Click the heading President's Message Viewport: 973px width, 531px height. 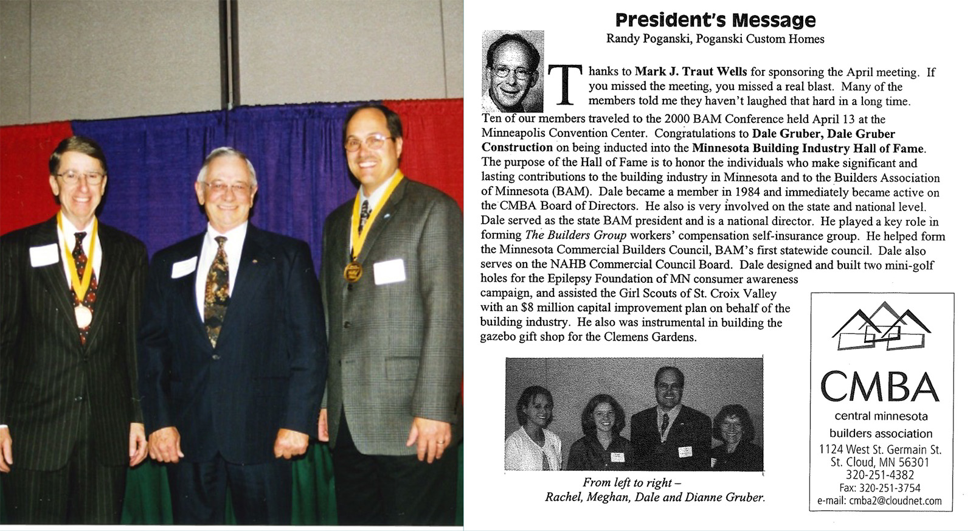click(715, 20)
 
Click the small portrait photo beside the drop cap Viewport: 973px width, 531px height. click(512, 72)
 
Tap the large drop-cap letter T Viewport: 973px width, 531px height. click(564, 85)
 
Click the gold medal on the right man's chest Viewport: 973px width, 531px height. click(353, 271)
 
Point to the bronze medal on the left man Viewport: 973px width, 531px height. click(83, 316)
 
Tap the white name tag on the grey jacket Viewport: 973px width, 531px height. click(389, 271)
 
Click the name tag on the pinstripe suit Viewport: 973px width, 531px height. click(44, 255)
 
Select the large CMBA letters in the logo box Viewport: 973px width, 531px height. click(879, 387)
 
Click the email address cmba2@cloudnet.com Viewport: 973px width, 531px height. click(880, 501)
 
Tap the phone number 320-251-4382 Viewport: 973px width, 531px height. click(880, 475)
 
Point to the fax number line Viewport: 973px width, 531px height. click(880, 488)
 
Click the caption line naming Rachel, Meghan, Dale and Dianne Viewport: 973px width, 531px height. click(655, 497)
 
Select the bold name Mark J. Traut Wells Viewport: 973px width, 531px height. click(691, 72)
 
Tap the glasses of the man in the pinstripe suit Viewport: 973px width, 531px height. click(80, 178)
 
